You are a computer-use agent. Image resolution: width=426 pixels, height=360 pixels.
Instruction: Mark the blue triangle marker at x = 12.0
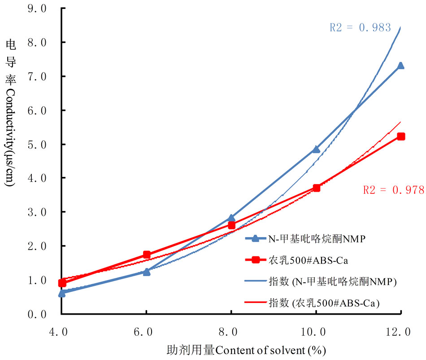pos(400,66)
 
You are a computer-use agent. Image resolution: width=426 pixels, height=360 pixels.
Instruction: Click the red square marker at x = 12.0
pos(401,136)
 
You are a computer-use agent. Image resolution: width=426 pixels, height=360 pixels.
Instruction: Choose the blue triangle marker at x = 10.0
pos(316,149)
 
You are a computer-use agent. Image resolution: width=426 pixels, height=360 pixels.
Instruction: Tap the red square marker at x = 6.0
pos(147,255)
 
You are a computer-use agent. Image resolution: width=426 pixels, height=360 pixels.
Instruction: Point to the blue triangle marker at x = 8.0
pos(231,218)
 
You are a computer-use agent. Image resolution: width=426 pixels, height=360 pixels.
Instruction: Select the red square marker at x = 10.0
pos(316,188)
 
